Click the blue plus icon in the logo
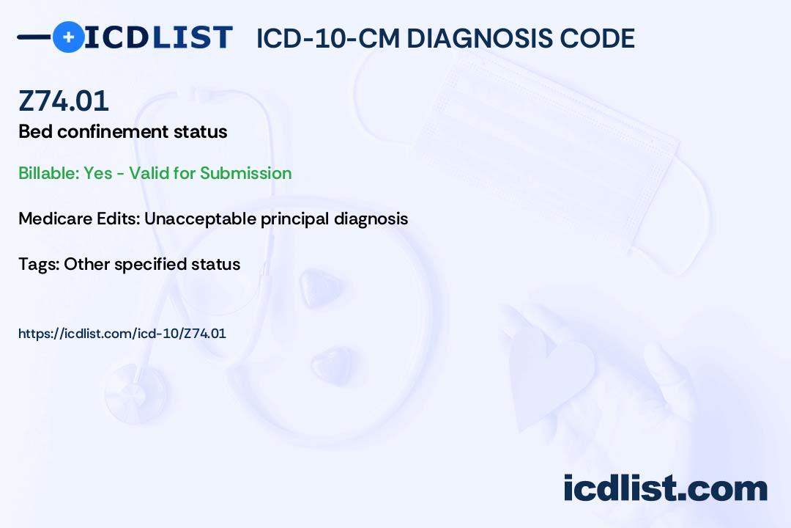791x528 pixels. (68, 37)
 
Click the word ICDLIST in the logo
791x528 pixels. (158, 37)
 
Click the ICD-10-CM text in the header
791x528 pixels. (327, 38)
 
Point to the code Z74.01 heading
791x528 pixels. (64, 100)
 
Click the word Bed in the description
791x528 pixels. (35, 132)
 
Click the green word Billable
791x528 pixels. (48, 173)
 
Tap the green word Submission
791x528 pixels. (245, 173)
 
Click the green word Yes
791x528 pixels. (98, 173)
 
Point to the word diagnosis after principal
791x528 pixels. (371, 219)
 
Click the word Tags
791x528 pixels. (39, 264)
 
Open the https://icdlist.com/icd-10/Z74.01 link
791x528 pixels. (122, 334)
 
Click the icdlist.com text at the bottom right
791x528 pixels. (665, 488)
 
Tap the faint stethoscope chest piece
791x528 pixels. (136, 394)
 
